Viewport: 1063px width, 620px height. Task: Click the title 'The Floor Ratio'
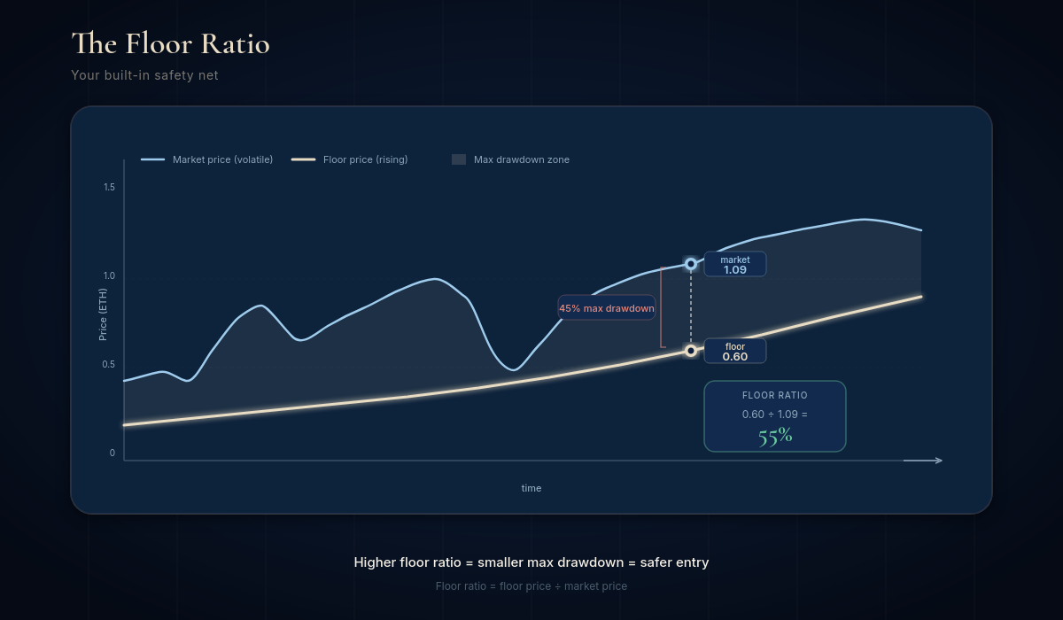coord(170,43)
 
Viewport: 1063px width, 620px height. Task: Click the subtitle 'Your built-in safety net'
coord(144,75)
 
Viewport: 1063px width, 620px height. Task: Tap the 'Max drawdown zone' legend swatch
coord(459,159)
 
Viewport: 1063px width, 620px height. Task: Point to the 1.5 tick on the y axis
coord(109,187)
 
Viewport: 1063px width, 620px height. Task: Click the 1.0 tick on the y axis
coord(109,275)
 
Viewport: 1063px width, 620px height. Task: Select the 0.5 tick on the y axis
coord(109,364)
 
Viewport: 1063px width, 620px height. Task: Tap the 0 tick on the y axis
coord(113,453)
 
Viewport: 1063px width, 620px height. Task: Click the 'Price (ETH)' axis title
coord(103,314)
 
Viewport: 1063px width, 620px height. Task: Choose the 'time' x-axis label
coord(531,488)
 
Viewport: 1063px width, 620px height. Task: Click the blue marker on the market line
coord(691,264)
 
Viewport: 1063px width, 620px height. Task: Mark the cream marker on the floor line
coord(691,351)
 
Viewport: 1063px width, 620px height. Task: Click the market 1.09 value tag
coord(735,264)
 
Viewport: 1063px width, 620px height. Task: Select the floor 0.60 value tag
coord(735,351)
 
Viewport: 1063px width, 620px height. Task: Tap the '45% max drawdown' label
coord(607,308)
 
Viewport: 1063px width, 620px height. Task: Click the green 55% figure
coord(775,436)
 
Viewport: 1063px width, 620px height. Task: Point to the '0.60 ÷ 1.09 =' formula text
coord(775,415)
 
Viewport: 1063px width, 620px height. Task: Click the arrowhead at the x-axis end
coord(938,461)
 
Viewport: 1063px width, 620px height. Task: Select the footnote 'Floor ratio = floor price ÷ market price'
coord(531,586)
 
